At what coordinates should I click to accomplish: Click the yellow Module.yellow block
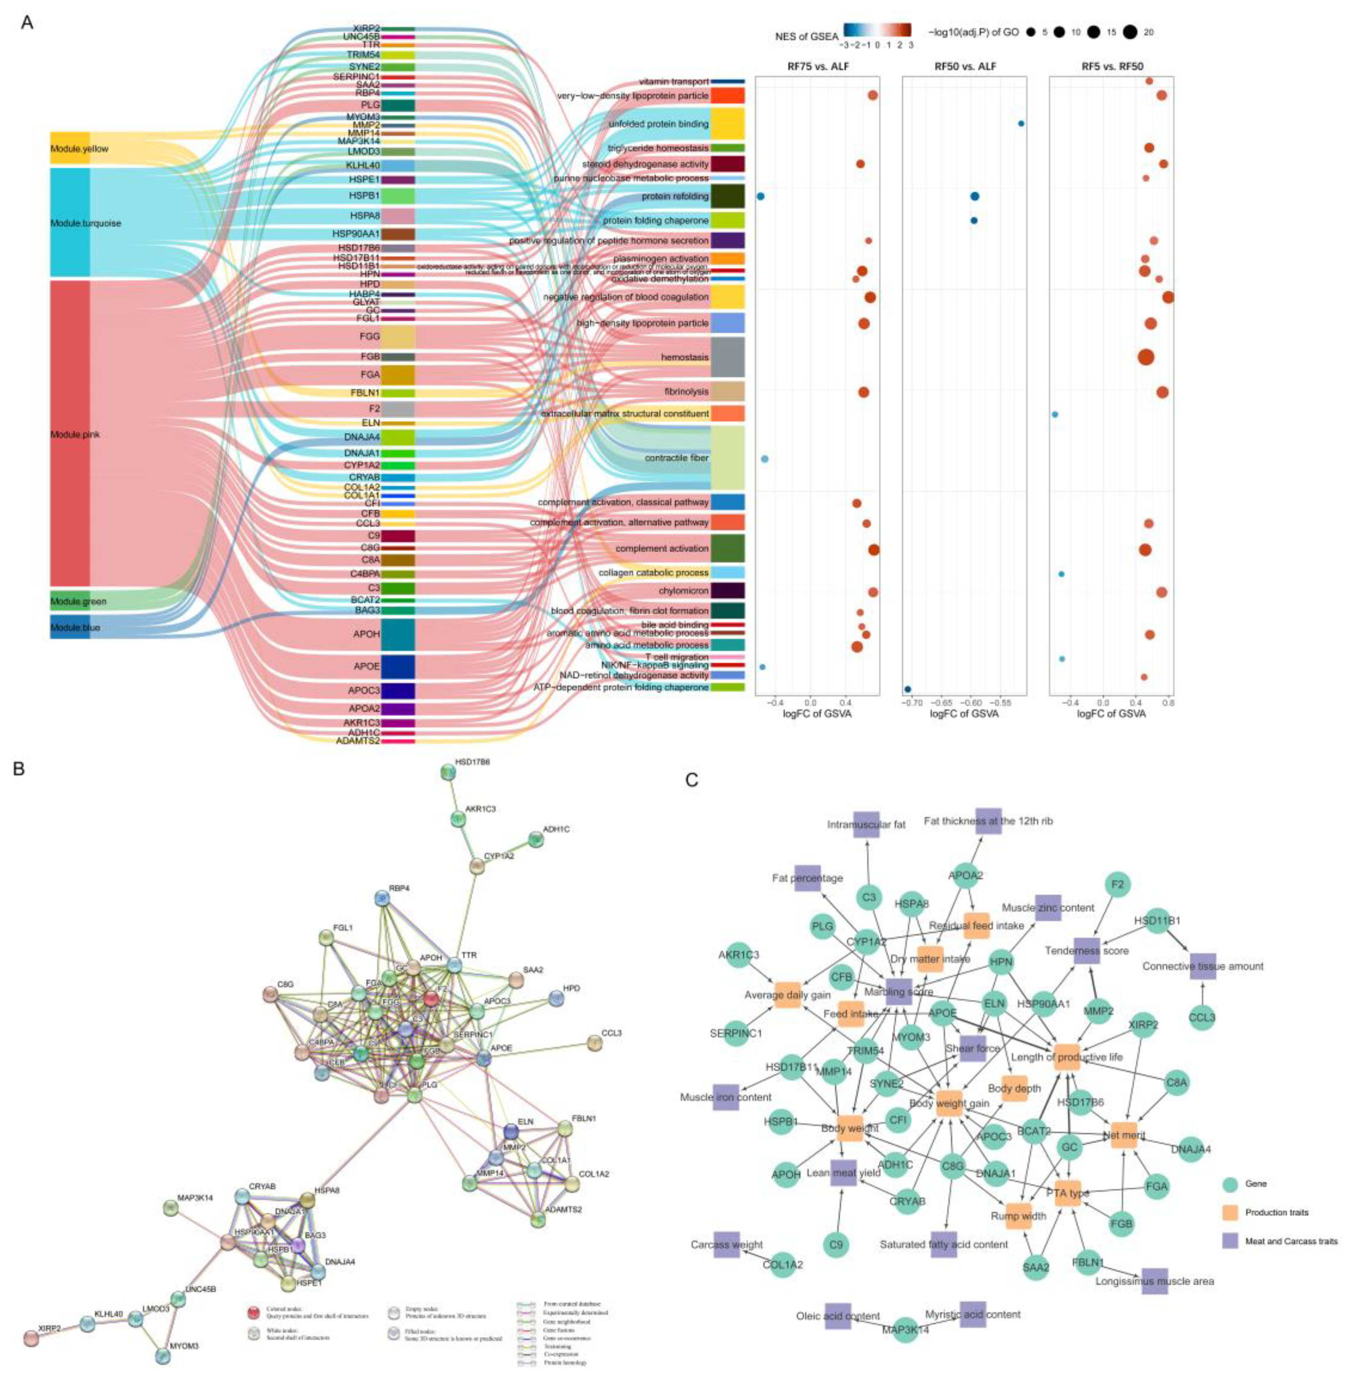click(x=70, y=148)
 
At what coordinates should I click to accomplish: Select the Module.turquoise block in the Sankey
click(x=70, y=223)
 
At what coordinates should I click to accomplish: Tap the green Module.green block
click(x=70, y=600)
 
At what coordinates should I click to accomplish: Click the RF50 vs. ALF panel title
click(x=965, y=66)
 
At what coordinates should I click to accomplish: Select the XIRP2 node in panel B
click(x=31, y=1338)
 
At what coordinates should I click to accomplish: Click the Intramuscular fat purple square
click(x=867, y=824)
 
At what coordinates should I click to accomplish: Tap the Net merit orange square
click(x=1124, y=1135)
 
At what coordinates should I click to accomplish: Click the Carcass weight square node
click(x=726, y=1245)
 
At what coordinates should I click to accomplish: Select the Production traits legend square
click(x=1230, y=1212)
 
